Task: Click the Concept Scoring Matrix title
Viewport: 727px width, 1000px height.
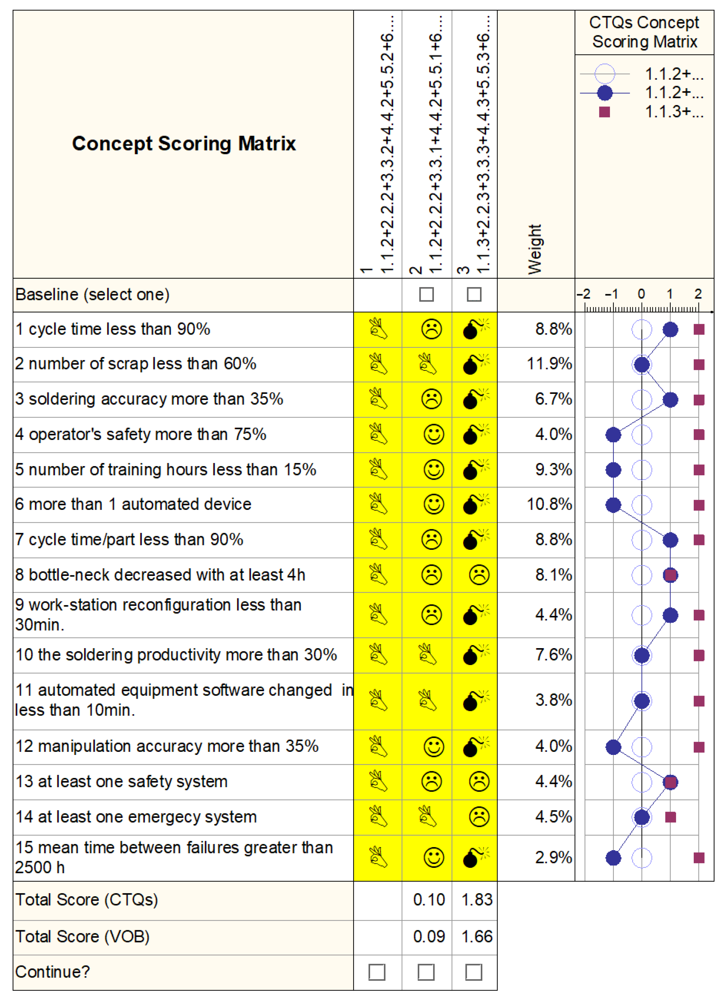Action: click(x=184, y=144)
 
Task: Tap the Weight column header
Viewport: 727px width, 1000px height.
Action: click(x=535, y=249)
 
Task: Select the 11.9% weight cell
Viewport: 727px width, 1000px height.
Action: click(x=549, y=364)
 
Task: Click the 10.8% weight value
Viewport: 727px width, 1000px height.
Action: click(x=549, y=504)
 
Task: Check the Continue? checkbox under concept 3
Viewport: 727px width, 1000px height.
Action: click(x=474, y=972)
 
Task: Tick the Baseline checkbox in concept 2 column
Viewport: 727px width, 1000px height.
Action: click(x=426, y=295)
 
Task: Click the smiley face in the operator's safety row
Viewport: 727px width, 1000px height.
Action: click(x=434, y=435)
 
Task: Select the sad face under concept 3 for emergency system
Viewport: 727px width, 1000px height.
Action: click(x=479, y=817)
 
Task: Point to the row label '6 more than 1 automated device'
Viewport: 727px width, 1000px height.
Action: click(x=133, y=504)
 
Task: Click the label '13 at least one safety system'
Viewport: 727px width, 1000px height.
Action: click(x=122, y=782)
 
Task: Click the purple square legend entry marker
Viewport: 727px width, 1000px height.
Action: click(x=604, y=112)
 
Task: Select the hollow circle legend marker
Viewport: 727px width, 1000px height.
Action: click(x=604, y=74)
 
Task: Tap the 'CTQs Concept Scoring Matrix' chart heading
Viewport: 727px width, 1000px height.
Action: click(x=644, y=32)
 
